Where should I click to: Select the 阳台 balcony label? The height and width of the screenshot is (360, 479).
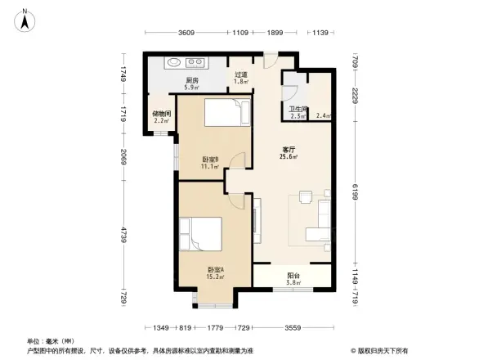pyautogui.click(x=292, y=278)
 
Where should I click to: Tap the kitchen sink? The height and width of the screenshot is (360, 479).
pyautogui.click(x=175, y=62)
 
